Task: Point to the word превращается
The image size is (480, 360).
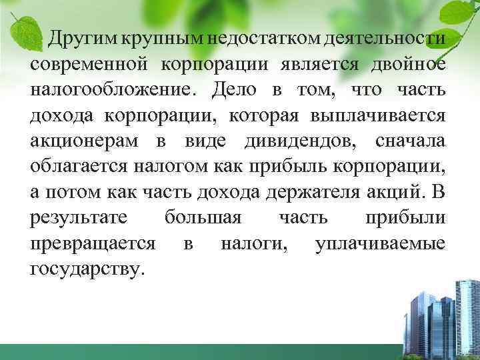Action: point(93,244)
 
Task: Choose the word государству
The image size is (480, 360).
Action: point(87,269)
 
